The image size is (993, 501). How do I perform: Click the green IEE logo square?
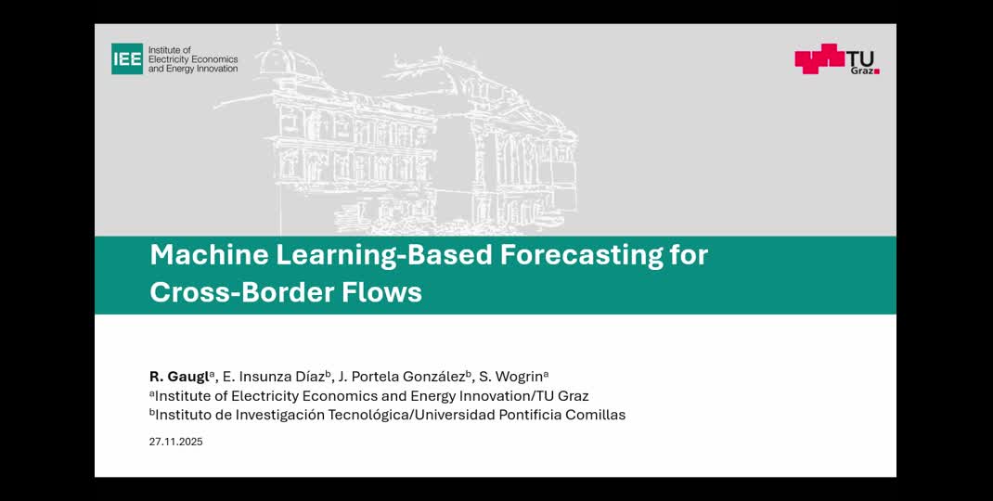click(127, 58)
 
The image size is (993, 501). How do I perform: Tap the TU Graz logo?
click(836, 58)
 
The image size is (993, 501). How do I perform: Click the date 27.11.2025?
click(175, 442)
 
